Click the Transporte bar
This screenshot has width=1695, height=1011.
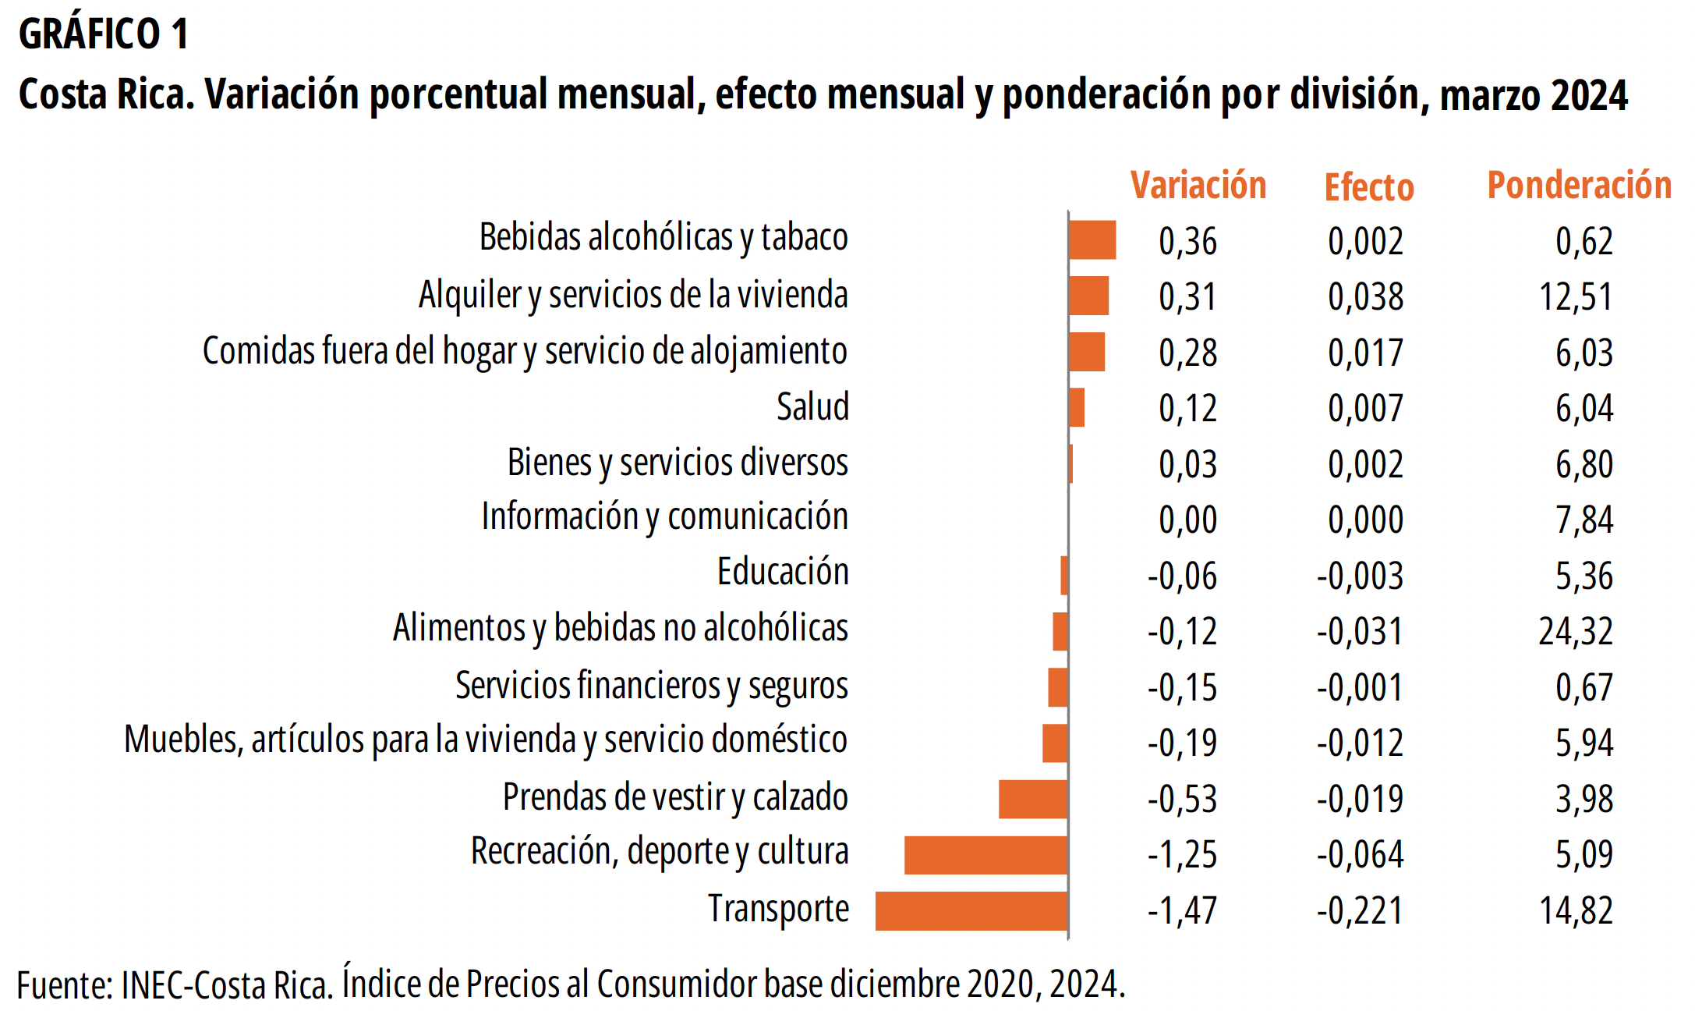[971, 910]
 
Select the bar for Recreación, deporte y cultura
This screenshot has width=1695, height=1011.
[986, 855]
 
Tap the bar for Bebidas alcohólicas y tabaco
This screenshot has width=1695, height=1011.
[1092, 239]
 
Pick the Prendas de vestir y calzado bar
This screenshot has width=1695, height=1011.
[1032, 799]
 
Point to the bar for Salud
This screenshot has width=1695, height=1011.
[1077, 407]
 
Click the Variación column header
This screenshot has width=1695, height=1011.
[1198, 186]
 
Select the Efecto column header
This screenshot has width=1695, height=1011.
[1368, 187]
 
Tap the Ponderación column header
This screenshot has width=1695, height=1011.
[1579, 186]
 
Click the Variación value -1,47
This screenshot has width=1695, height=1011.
[1181, 910]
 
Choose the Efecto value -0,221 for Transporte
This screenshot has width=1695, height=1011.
[1360, 910]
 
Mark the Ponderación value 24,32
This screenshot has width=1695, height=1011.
[1575, 631]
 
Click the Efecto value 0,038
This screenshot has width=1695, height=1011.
[1365, 297]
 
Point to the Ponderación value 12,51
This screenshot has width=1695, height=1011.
[1575, 297]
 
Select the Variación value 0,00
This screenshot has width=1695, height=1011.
[1187, 520]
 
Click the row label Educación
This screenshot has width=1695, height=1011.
[782, 572]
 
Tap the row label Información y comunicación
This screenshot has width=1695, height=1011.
[664, 517]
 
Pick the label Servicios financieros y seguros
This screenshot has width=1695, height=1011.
[651, 686]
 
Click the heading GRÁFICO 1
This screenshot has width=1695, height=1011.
[103, 34]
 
